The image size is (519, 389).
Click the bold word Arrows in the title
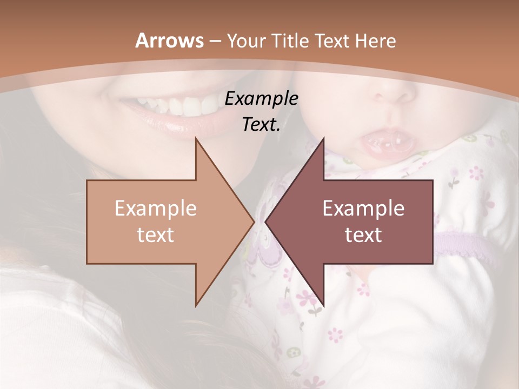coord(169,41)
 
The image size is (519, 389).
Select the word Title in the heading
coord(289,41)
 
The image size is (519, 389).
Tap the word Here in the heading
coord(376,41)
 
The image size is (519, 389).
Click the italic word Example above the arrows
coord(261,98)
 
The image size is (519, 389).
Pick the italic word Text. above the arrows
coord(261,124)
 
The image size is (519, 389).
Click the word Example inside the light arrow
coord(156,209)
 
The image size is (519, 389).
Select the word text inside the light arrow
coord(156,234)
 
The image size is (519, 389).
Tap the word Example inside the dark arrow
coord(363,209)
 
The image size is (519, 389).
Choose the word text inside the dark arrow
coord(363,234)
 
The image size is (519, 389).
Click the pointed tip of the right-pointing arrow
coord(254,222)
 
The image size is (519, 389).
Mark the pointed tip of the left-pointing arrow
coord(266,222)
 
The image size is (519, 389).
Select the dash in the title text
coord(214,41)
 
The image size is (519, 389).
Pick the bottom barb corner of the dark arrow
coord(323,305)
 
